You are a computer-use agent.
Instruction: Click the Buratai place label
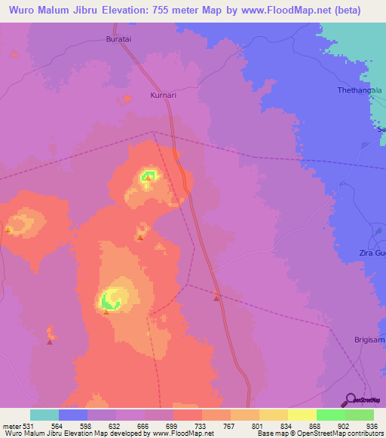[x=120, y=38]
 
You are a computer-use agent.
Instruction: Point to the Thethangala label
[x=360, y=90]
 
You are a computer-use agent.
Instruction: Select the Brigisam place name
[x=369, y=340]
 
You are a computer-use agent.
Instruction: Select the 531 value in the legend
[x=30, y=425]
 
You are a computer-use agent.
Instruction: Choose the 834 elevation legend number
[x=278, y=425]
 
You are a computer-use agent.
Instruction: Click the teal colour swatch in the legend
[x=44, y=415]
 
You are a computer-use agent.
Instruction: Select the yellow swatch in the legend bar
[x=302, y=415]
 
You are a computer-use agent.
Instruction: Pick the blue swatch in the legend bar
[x=73, y=415]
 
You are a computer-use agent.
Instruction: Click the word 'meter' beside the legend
[x=11, y=425]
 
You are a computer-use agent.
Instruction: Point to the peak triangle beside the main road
[x=217, y=299]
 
